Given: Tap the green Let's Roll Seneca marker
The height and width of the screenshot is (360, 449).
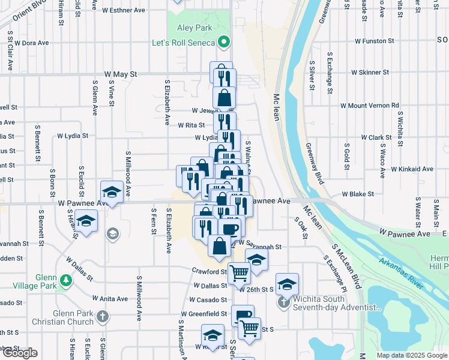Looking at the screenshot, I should click(x=224, y=42).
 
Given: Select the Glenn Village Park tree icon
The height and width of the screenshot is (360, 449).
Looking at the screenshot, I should click(x=65, y=280).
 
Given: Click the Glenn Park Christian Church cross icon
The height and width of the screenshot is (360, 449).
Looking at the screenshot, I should click(x=103, y=316).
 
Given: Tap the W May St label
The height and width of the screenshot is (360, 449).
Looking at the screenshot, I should click(x=121, y=74).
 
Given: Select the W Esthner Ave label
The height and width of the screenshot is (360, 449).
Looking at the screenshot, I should click(x=124, y=10).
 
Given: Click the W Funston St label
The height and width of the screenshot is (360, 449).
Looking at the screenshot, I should click(x=374, y=41).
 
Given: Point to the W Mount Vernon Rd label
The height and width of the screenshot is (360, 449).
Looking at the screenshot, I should click(x=370, y=106).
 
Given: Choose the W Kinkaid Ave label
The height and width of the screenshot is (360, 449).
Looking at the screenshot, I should click(x=411, y=169).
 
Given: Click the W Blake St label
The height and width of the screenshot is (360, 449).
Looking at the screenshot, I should click(x=358, y=194).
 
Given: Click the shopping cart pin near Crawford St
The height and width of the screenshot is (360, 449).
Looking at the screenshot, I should click(x=240, y=273).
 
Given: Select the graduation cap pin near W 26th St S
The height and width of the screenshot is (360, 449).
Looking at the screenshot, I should click(x=288, y=283).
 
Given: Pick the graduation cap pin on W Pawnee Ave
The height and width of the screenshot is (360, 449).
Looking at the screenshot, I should click(x=111, y=191).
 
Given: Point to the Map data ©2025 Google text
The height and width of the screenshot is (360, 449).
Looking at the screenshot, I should click(x=411, y=355).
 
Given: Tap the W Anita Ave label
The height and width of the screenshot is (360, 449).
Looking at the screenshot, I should click(x=110, y=298).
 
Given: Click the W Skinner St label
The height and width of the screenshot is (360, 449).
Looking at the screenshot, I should click(x=370, y=72).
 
